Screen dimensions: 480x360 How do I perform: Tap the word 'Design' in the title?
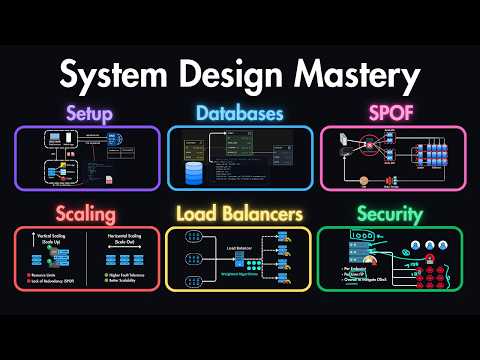[226, 76]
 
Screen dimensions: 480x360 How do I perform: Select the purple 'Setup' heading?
[87, 113]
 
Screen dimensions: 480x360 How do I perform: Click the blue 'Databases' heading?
[239, 113]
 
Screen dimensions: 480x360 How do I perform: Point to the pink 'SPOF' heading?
[391, 113]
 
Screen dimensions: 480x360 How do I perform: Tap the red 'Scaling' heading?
[87, 213]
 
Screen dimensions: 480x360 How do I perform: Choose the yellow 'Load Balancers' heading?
[239, 213]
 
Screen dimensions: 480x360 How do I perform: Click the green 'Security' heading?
[391, 213]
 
